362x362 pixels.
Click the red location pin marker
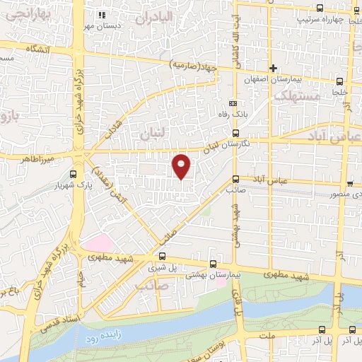tap(182, 166)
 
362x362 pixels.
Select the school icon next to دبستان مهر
tap(102, 15)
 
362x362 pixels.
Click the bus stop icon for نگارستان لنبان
tap(236, 132)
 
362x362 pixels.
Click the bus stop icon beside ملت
tap(322, 329)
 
